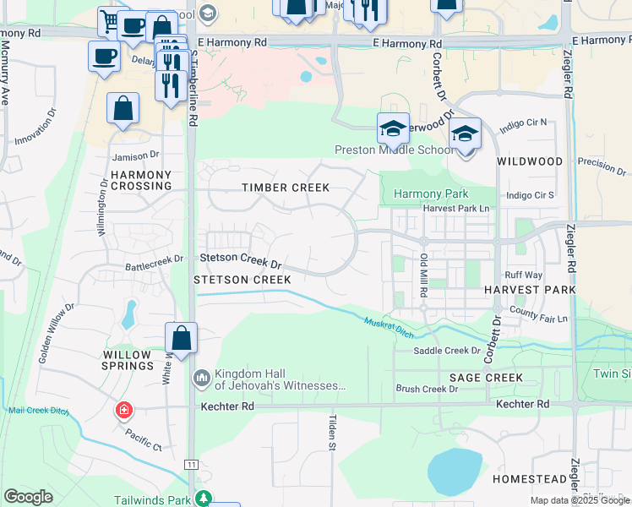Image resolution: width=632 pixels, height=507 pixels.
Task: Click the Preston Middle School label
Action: coord(395,150)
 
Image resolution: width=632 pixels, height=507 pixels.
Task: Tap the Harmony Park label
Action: coord(432,194)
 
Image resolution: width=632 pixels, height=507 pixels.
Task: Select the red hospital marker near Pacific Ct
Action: coord(124,412)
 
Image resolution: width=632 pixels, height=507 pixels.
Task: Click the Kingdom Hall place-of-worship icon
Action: coord(201,377)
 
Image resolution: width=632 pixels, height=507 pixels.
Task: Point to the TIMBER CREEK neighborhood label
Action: coord(285,188)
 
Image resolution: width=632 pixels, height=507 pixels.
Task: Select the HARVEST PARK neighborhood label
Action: coord(530,289)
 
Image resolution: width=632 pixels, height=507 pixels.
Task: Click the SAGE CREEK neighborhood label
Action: coord(486,377)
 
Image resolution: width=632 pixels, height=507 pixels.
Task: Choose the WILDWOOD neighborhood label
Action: coord(530,161)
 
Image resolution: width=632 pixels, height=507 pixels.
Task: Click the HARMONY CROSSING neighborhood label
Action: coord(141,180)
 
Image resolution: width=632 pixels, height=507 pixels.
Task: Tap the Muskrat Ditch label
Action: coord(390,326)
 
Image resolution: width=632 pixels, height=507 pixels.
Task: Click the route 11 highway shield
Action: coord(193,465)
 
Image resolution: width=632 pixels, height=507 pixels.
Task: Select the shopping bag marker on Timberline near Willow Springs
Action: coord(181,338)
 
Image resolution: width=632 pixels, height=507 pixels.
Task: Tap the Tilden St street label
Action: coord(332,433)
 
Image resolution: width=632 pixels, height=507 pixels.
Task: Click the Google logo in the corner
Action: coord(28,497)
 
